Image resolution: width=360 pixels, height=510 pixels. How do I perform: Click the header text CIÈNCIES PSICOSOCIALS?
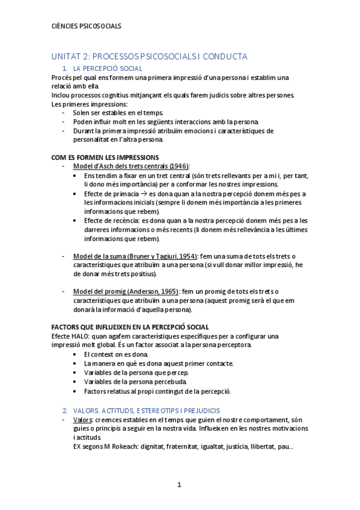(87, 26)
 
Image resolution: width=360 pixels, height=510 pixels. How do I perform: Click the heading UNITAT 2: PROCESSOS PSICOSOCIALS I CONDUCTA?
(149, 57)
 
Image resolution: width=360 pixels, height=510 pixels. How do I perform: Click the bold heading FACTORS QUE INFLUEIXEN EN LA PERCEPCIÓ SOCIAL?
(130, 327)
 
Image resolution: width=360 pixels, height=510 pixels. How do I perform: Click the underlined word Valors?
(82, 419)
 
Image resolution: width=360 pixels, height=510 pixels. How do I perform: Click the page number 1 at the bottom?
(179, 485)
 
